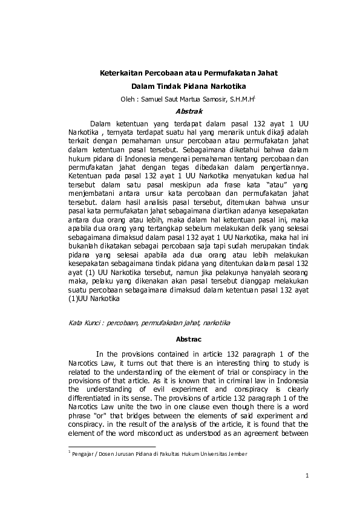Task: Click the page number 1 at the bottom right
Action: coord(308,476)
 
